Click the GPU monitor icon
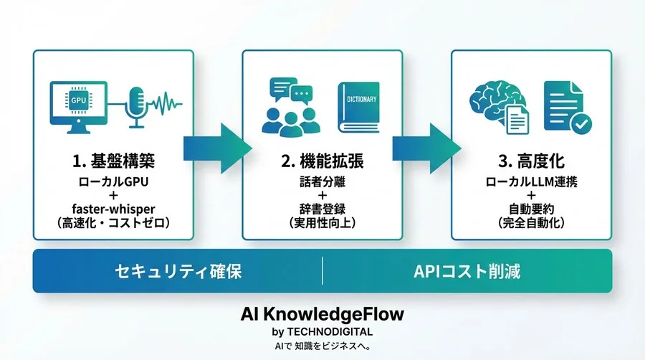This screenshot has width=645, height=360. coord(77,103)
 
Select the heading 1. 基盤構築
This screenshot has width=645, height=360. coord(113,156)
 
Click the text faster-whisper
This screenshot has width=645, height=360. coord(113,208)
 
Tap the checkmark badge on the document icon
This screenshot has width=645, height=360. coord(582,124)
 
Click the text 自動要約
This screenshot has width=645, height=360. coord(531,208)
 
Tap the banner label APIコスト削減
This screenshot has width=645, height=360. coord(467,272)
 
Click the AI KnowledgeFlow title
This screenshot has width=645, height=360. coord(322,316)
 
